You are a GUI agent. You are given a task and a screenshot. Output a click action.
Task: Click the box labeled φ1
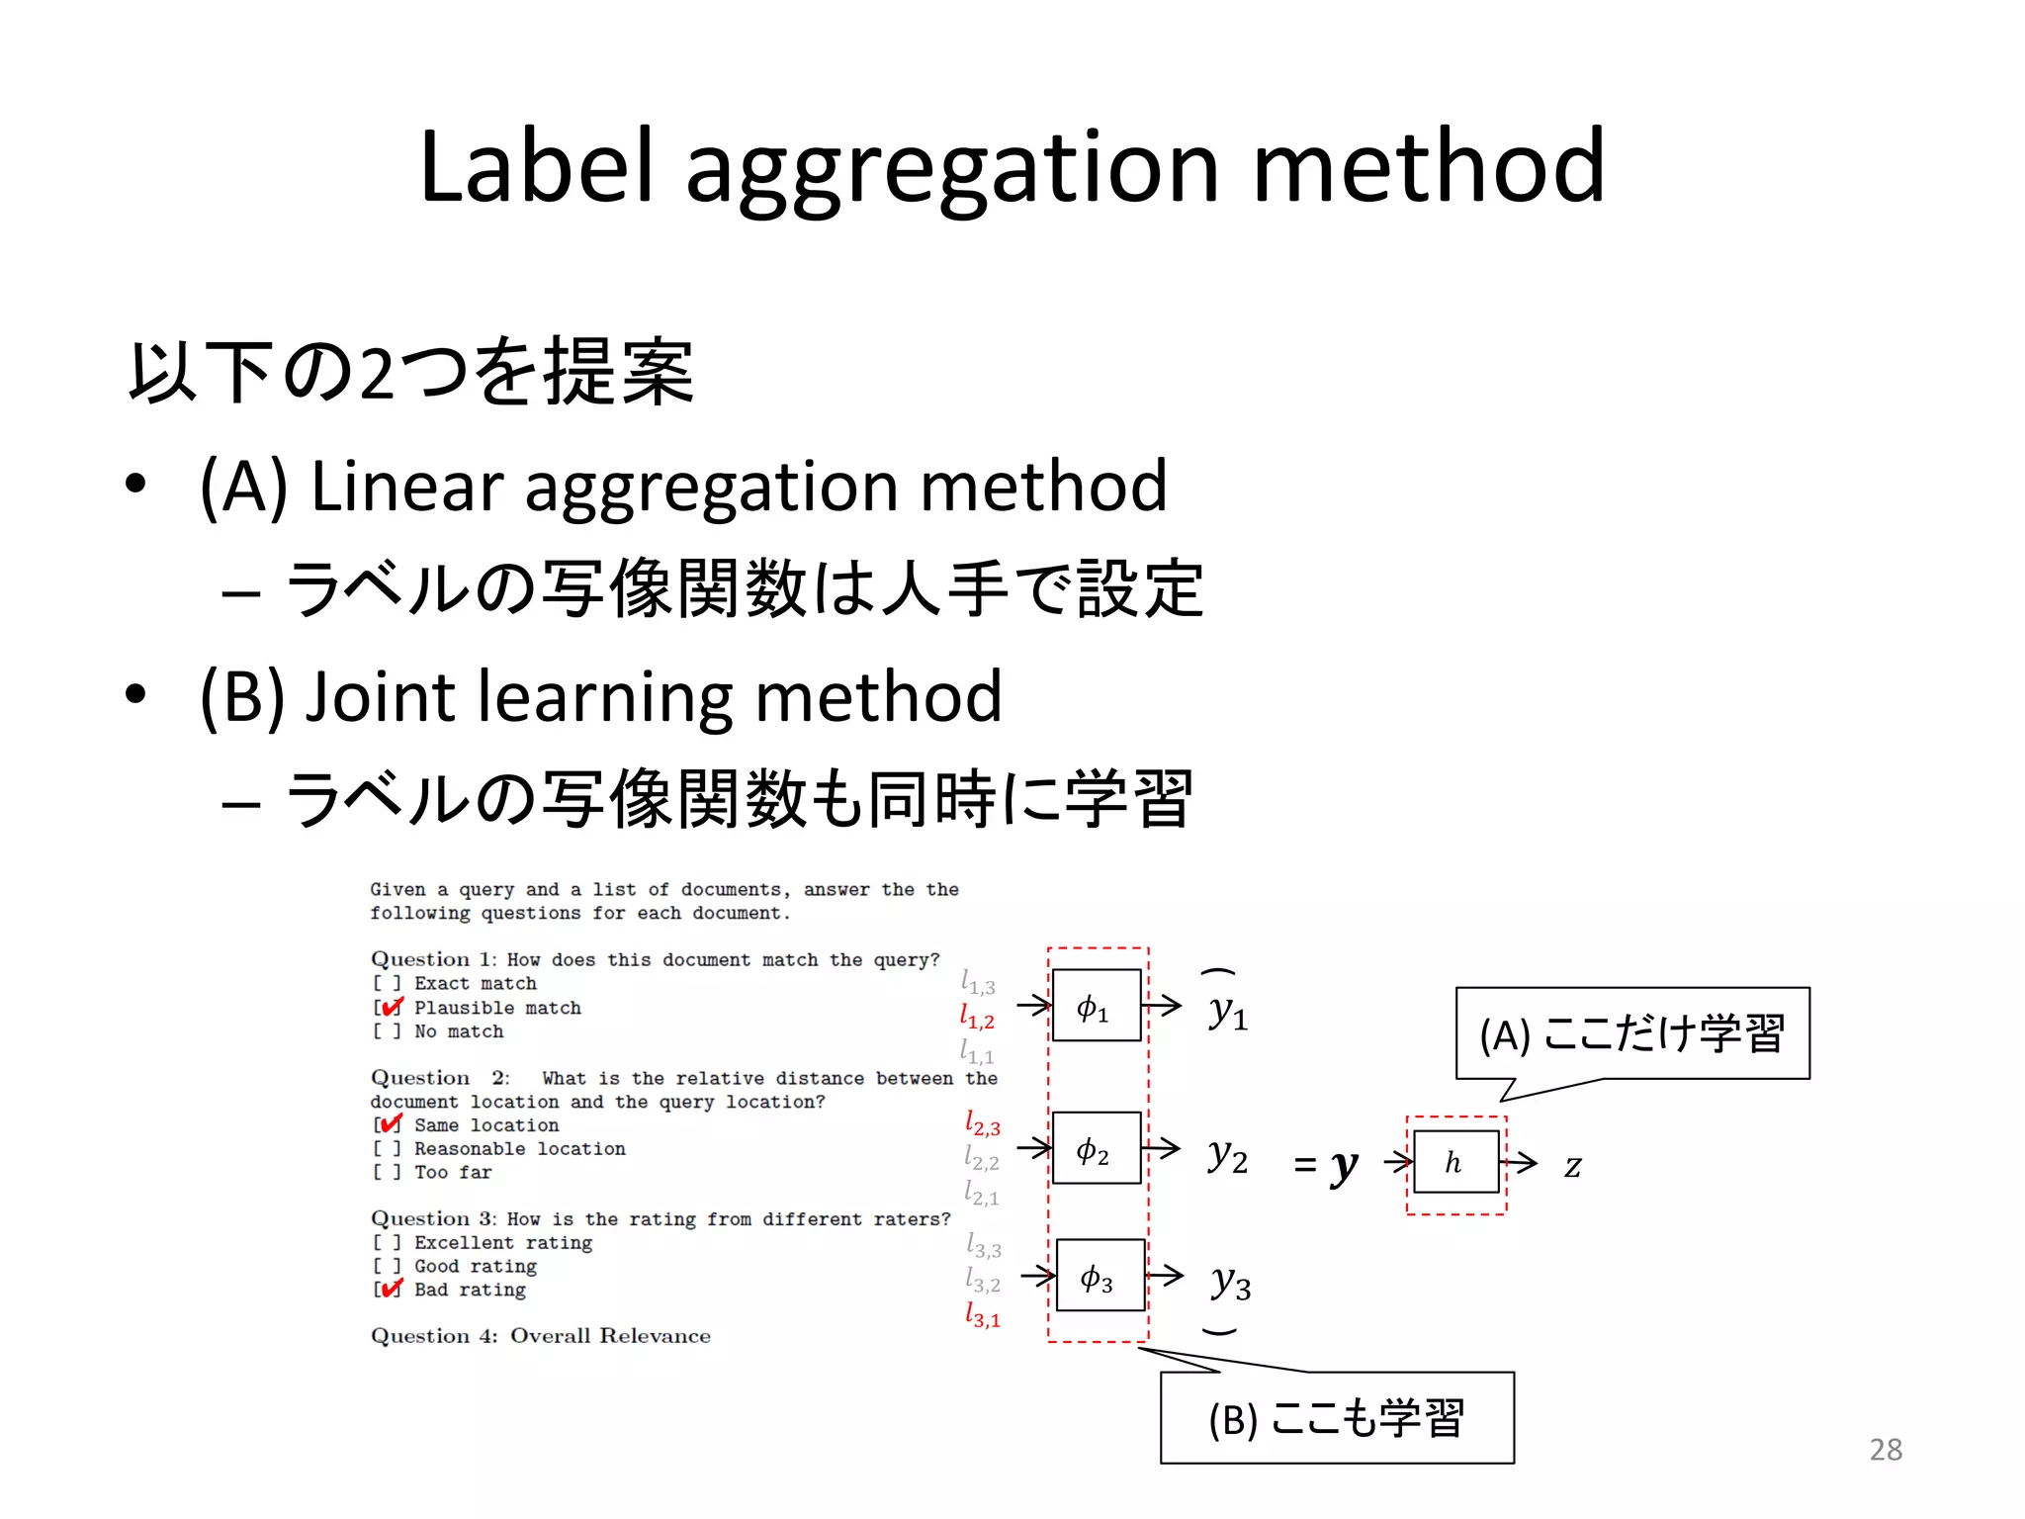[1096, 1006]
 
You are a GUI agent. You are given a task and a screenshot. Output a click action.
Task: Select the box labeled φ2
[1096, 1148]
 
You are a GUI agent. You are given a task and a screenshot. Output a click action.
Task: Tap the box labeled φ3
[1101, 1276]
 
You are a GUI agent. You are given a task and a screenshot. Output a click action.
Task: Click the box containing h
[1455, 1162]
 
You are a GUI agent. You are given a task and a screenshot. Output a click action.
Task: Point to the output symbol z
[1572, 1166]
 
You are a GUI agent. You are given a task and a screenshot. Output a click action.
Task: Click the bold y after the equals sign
[1344, 1167]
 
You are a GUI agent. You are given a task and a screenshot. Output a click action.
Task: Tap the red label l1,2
[977, 1017]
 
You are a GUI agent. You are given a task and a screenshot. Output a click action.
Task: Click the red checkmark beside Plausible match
[392, 1007]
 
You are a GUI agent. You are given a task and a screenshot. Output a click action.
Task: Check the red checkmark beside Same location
[392, 1124]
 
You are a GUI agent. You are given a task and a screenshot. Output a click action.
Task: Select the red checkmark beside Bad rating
[392, 1289]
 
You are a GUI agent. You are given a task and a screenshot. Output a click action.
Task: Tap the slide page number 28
[1886, 1450]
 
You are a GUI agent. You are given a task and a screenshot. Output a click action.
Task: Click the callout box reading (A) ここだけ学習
[1631, 1033]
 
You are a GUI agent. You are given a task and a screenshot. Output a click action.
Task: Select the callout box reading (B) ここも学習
[1337, 1417]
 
